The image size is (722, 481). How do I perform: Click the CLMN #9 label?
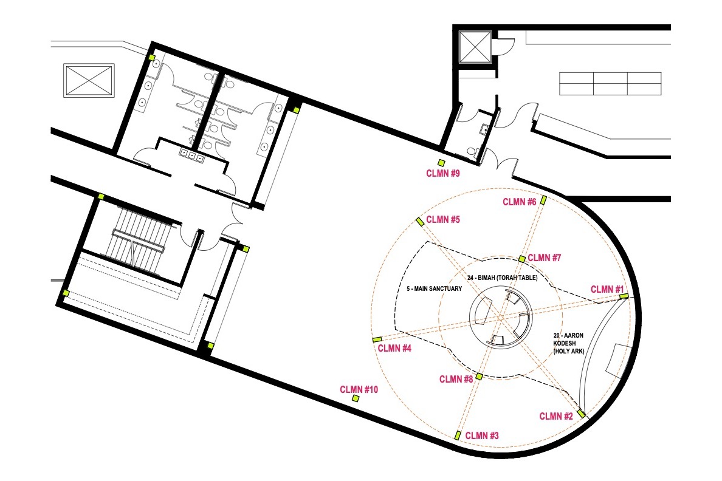coord(443,174)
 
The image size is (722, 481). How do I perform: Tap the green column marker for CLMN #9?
coord(442,163)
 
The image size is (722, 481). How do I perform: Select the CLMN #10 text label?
coord(359,389)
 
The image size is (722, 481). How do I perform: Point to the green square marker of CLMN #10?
coord(356,398)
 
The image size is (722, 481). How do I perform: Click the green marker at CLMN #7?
coord(521,259)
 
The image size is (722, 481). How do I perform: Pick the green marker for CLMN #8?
coord(479,377)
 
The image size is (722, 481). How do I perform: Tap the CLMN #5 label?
coord(443,220)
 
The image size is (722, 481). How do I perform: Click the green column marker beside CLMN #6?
coord(543,200)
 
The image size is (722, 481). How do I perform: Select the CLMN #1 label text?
coord(607,289)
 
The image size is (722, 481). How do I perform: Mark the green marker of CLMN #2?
coord(581,414)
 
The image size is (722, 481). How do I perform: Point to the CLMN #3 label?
coord(482,435)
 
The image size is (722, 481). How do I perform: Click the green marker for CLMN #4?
coord(377,339)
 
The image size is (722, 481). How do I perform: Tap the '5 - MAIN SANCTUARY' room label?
coord(434,288)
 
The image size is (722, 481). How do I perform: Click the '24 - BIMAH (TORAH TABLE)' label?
coord(502,278)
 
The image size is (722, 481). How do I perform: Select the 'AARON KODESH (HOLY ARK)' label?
coord(569,343)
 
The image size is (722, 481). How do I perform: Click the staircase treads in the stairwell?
coord(137,239)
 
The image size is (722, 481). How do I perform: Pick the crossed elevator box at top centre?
coord(475,47)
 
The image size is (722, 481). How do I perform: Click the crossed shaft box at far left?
coord(89,81)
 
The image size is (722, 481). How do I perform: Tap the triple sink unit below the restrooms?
coord(191,156)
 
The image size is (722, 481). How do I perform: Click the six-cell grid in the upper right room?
coord(610,83)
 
